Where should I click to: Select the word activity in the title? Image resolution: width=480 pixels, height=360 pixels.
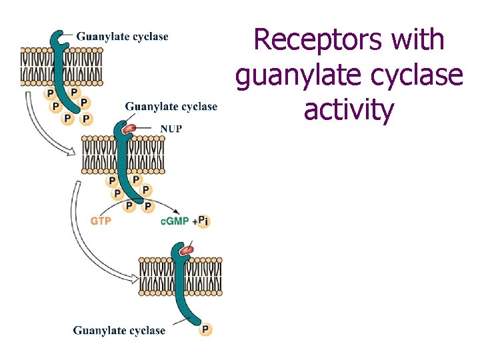[x=349, y=109]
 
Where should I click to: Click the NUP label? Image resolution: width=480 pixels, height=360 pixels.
[x=170, y=129]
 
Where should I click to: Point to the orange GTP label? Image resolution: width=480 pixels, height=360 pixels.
[x=101, y=221]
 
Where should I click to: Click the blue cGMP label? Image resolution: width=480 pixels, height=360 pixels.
[x=175, y=221]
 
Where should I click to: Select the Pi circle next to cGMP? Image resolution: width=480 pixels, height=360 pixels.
[x=203, y=221]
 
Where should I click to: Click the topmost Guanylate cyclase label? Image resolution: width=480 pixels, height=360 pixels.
[x=122, y=37]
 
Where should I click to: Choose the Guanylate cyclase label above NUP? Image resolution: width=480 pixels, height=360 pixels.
[x=171, y=107]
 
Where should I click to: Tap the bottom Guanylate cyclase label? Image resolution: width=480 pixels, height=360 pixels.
[x=119, y=330]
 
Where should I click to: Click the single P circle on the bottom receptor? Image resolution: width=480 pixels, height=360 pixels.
[x=205, y=329]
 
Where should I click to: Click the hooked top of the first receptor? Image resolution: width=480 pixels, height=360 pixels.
[x=62, y=38]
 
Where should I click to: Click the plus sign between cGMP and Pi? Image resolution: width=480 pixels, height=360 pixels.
[x=193, y=221]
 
